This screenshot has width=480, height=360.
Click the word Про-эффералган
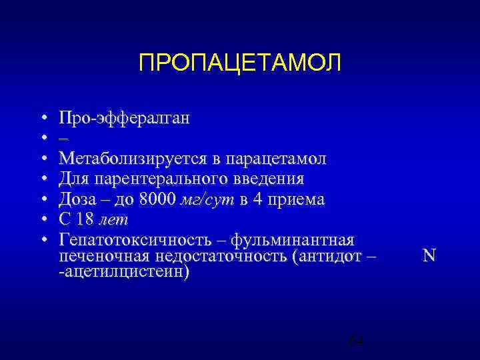click(124, 119)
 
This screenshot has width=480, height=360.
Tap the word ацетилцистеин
click(127, 272)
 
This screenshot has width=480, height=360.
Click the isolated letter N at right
click(429, 255)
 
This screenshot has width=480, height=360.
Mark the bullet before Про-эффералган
click(43, 119)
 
